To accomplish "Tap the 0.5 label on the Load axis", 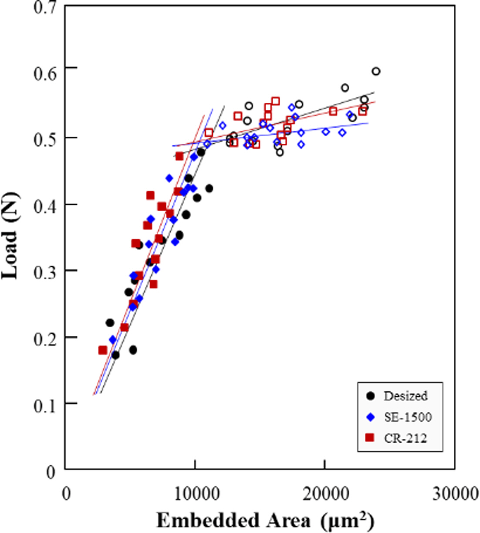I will [45, 138].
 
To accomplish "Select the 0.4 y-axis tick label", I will [45, 205].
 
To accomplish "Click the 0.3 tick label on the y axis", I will [45, 271].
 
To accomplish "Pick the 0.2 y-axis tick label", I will [45, 337].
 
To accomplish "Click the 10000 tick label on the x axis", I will [195, 495].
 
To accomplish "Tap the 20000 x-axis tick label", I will [325, 495].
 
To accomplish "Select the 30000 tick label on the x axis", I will [455, 495].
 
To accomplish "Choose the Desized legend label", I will [406, 396].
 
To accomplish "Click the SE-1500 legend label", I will [408, 417].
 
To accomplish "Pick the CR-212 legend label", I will [405, 438].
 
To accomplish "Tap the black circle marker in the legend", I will [371, 396].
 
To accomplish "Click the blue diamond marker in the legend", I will [371, 417].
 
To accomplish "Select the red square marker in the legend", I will [371, 438].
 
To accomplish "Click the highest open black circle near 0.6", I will [376, 71].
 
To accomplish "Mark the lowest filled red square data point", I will [103, 350].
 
